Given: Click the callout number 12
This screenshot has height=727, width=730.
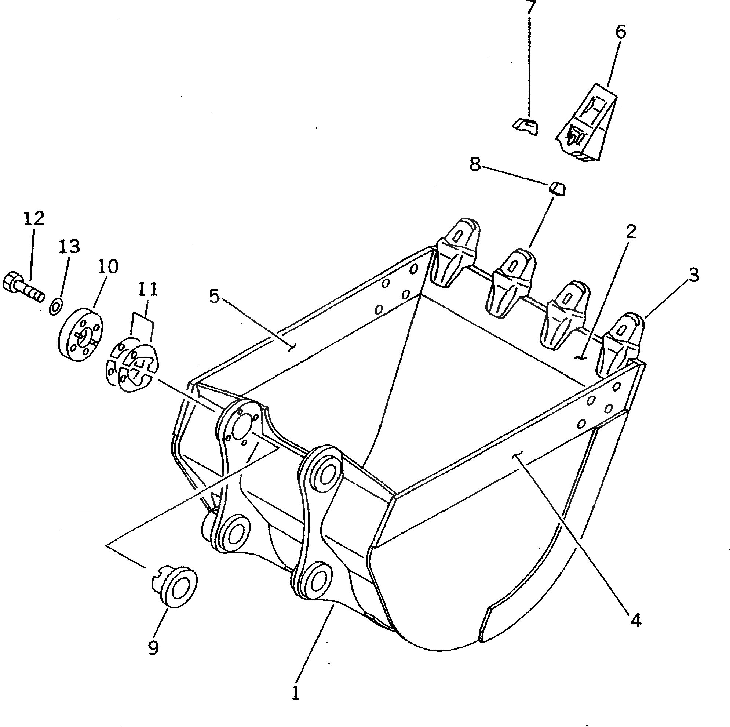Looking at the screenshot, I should (x=34, y=219).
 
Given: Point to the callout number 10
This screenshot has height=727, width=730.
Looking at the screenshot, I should (x=108, y=267).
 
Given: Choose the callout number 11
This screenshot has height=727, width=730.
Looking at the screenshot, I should (x=147, y=290).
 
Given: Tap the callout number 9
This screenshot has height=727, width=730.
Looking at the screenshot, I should (x=153, y=648).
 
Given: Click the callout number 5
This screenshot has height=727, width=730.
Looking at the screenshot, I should (x=215, y=297).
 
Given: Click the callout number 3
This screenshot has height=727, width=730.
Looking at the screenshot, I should (x=693, y=275).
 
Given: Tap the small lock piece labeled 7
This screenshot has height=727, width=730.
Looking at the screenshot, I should (x=526, y=126).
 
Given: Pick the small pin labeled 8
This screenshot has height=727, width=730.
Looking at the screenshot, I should (x=557, y=188).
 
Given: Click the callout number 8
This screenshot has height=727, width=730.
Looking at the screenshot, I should (x=475, y=165).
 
